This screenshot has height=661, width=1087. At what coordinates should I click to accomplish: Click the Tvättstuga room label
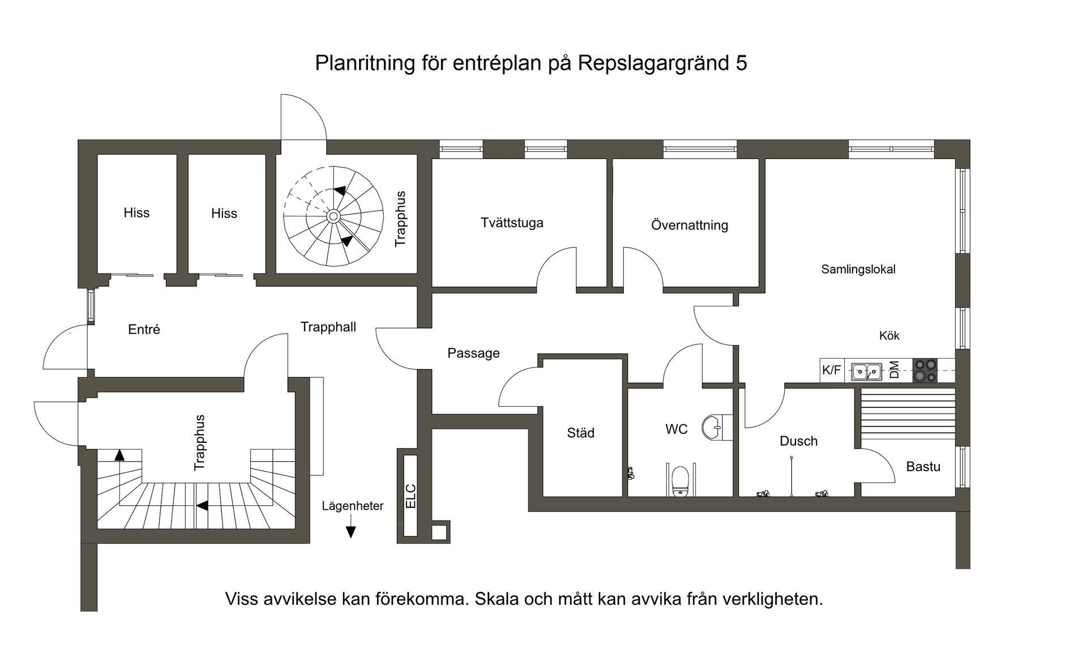(x=512, y=223)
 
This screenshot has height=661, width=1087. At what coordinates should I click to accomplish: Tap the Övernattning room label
(x=689, y=225)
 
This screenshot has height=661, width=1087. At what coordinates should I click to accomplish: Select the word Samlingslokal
(x=858, y=270)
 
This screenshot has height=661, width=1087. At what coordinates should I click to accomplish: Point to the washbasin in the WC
(x=713, y=427)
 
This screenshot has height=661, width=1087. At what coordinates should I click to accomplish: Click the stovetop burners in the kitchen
(x=925, y=370)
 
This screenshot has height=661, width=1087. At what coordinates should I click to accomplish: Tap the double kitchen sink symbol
(x=867, y=372)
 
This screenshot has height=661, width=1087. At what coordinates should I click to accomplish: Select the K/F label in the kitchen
(x=831, y=370)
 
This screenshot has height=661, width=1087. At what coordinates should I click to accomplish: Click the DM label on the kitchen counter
(x=895, y=370)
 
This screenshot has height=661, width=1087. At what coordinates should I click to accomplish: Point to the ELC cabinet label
(x=411, y=496)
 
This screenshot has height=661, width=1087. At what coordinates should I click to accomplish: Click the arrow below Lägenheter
(x=350, y=531)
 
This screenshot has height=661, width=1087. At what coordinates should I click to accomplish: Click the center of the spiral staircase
(x=333, y=216)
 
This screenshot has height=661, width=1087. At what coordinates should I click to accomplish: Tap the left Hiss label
(x=136, y=213)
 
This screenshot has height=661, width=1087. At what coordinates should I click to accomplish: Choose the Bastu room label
(x=923, y=467)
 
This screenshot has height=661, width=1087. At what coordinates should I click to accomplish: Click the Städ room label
(x=580, y=433)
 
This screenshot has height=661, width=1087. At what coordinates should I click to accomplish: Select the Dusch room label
(x=798, y=441)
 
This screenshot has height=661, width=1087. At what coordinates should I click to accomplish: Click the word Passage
(x=473, y=353)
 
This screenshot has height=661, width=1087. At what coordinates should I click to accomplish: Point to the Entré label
(x=144, y=330)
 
